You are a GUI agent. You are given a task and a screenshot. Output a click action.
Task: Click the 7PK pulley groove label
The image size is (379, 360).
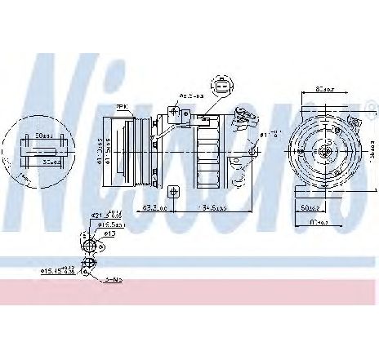(122, 107)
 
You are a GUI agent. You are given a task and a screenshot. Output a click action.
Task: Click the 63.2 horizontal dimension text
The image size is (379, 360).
(156, 208)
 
